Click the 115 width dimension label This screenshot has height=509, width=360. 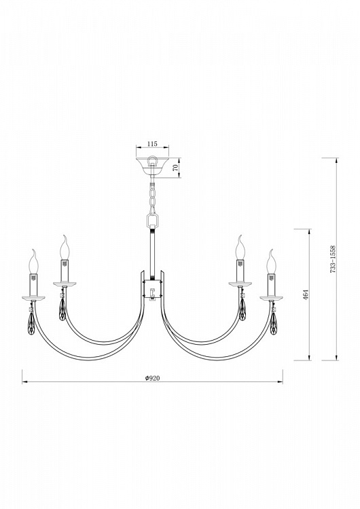(x=152, y=143)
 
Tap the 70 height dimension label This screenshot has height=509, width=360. (x=175, y=168)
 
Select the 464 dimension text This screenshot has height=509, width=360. (x=306, y=295)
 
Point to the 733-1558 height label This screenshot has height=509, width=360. (x=333, y=259)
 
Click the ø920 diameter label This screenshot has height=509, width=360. (x=152, y=378)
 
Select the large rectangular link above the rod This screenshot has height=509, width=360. (x=151, y=221)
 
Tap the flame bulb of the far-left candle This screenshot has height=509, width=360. (x=33, y=262)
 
